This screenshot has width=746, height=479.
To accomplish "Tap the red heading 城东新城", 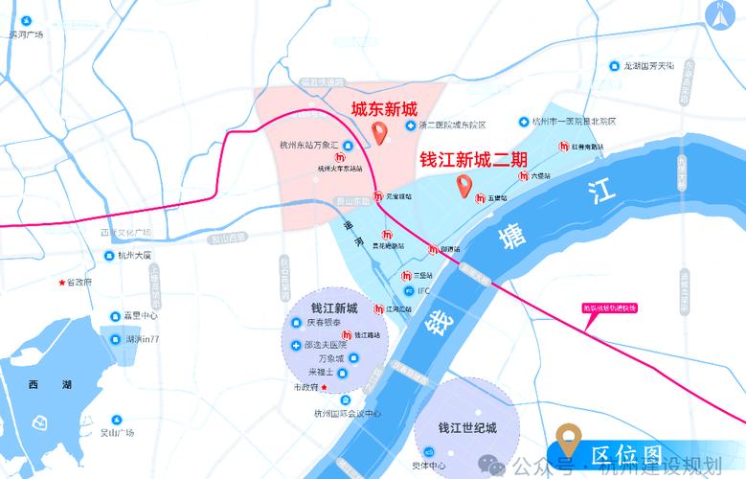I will pyautogui.click(x=384, y=108).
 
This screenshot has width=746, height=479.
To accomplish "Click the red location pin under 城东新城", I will pyautogui.click(x=380, y=132).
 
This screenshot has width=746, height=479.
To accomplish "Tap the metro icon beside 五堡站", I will pyautogui.click(x=480, y=197).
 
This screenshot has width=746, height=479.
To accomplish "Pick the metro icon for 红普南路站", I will pyautogui.click(x=564, y=148).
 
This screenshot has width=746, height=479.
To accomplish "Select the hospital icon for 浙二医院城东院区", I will pyautogui.click(x=410, y=125).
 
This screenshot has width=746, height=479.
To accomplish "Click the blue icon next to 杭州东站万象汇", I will pyautogui.click(x=348, y=147).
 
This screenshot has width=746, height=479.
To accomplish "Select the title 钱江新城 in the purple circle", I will pyautogui.click(x=334, y=308).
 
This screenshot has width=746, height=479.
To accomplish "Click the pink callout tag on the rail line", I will pyautogui.click(x=610, y=308).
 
